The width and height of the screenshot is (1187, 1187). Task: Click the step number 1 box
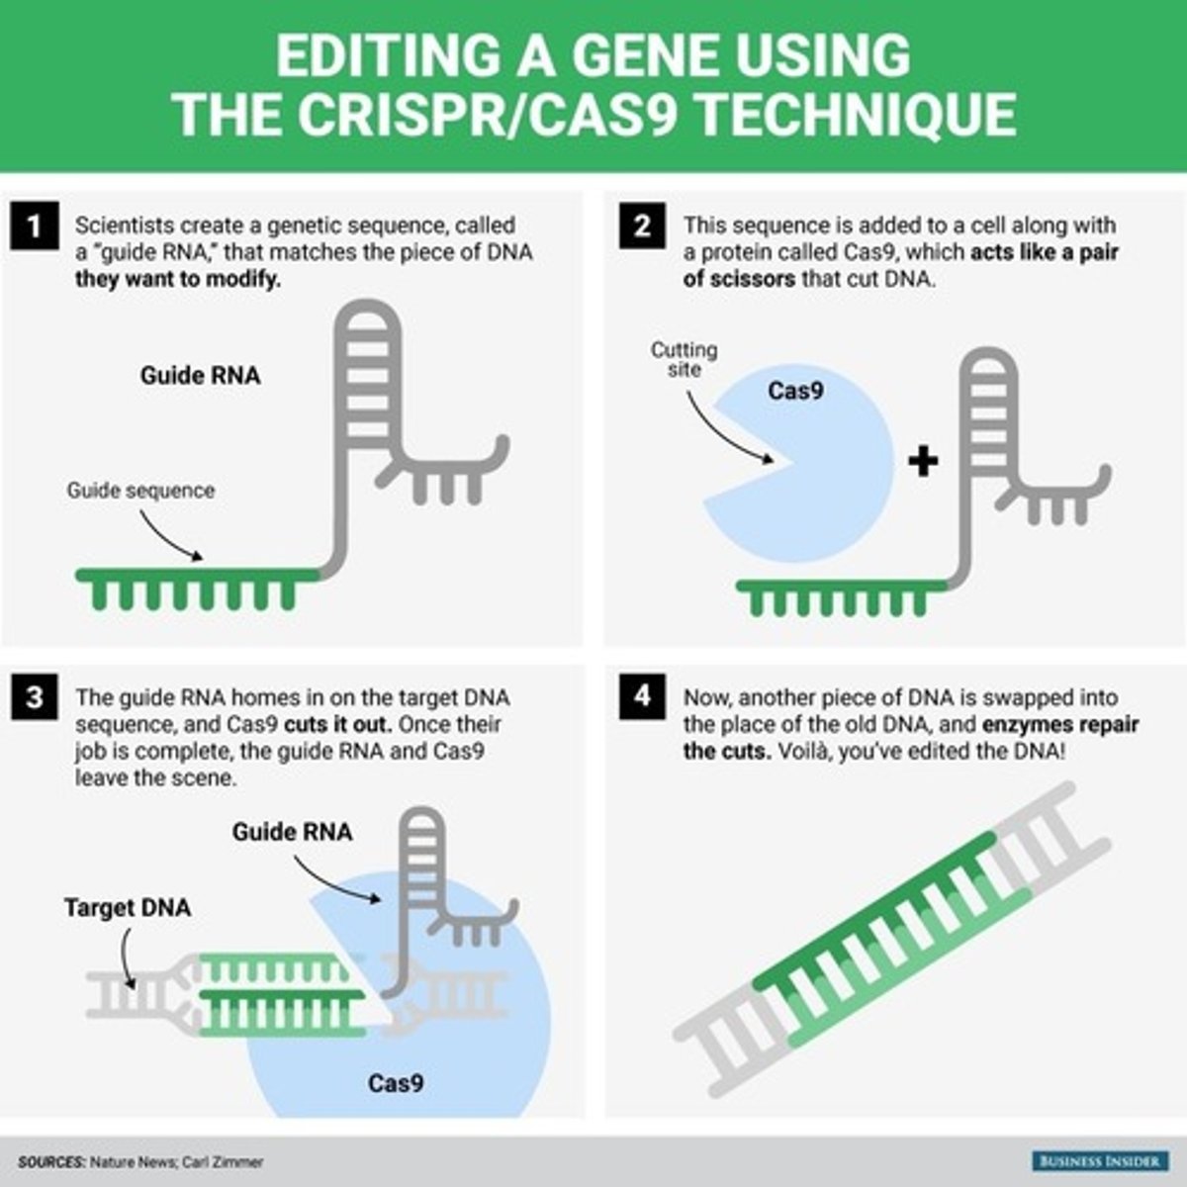(x=35, y=227)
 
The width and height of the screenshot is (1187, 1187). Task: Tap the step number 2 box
(x=642, y=227)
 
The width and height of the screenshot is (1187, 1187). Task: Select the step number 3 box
(x=35, y=697)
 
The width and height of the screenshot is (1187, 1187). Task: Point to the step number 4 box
(x=642, y=696)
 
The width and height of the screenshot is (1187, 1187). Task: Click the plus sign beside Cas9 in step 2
(x=923, y=461)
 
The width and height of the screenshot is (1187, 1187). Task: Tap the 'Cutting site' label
(x=684, y=359)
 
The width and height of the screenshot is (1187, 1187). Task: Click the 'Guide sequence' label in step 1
(x=140, y=491)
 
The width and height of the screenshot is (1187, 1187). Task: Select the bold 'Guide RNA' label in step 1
(x=201, y=376)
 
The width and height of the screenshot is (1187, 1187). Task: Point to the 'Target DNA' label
(x=128, y=907)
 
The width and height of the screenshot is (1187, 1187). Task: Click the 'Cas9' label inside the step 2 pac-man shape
(x=795, y=391)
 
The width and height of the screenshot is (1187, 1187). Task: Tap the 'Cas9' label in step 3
(x=396, y=1083)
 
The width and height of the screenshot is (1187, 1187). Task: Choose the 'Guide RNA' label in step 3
(x=292, y=832)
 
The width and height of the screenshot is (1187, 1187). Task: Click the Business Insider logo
(x=1099, y=1160)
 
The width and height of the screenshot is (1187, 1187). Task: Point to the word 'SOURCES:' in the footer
(x=51, y=1162)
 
